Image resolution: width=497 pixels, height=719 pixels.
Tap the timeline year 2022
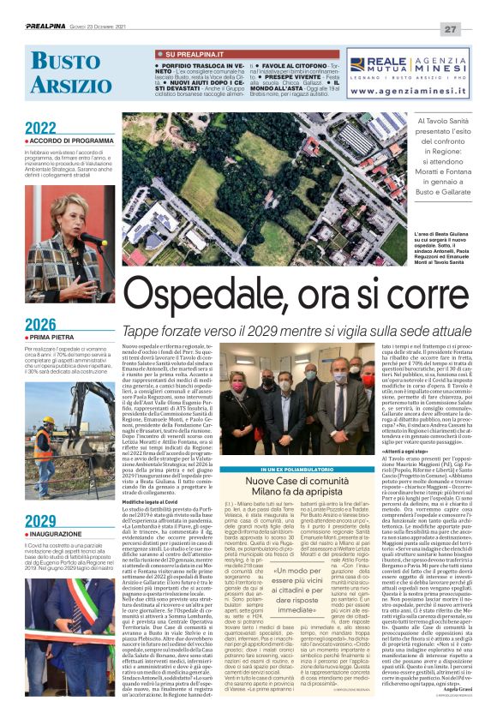coord(40,129)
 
